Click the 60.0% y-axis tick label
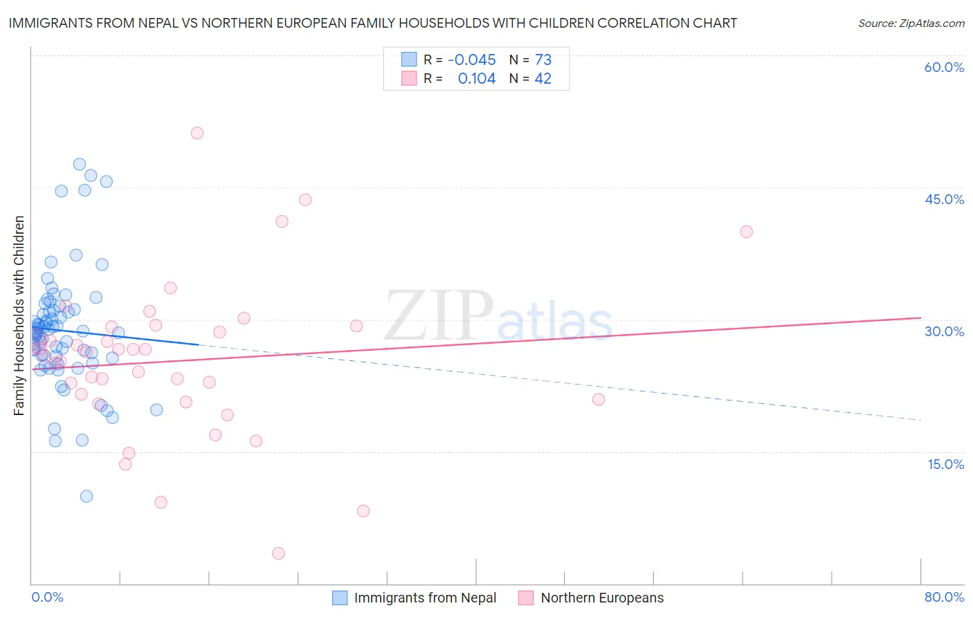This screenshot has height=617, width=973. tap(944, 67)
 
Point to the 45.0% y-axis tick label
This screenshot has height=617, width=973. tap(944, 199)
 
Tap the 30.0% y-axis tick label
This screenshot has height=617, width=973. tap(944, 331)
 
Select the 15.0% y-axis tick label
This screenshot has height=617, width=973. tap(945, 463)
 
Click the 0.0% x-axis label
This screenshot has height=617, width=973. tap(47, 597)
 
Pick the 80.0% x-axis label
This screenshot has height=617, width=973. tap(944, 597)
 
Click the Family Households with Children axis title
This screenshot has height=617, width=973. tap(19, 315)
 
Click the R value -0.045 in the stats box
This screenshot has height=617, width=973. tap(472, 59)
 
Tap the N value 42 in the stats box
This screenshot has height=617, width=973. tap(543, 79)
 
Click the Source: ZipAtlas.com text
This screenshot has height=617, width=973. tap(911, 23)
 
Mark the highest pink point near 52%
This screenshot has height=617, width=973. tap(197, 133)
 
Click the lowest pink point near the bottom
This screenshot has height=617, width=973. tap(279, 553)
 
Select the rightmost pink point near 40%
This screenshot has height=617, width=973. tap(746, 232)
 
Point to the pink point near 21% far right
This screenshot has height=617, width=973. tap(599, 399)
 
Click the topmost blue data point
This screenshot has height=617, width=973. tap(80, 165)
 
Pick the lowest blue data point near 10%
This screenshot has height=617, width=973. tap(87, 496)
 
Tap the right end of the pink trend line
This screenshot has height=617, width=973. tap(920, 317)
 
